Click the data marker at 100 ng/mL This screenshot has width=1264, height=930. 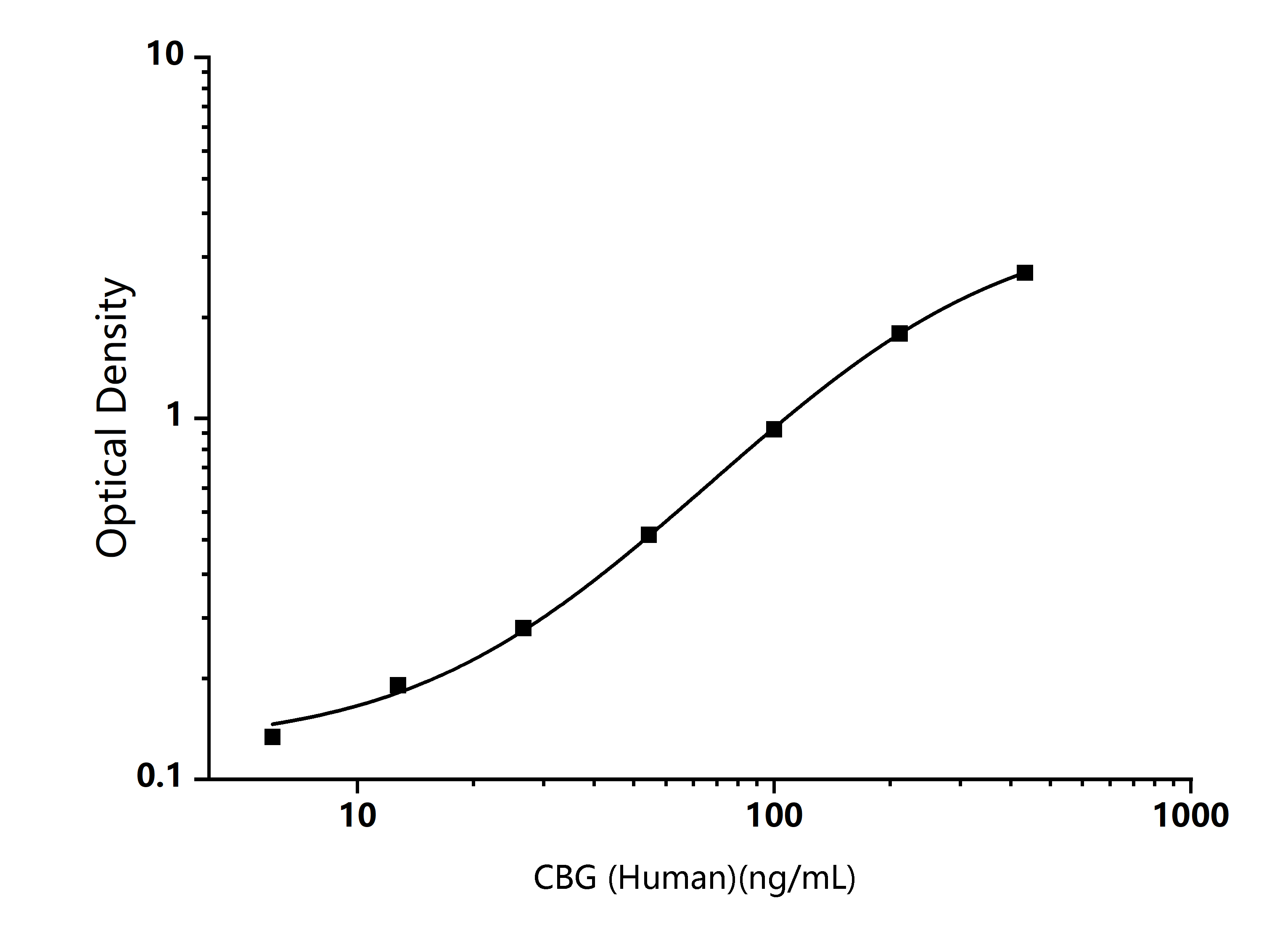[774, 429]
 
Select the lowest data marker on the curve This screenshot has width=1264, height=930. [272, 737]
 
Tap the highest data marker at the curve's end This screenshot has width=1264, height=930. [1025, 273]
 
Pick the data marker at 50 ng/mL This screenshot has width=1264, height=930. [649, 535]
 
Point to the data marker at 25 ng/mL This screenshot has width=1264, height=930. [523, 628]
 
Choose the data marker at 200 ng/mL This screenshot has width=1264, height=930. [899, 334]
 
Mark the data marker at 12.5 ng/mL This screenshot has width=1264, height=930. [398, 685]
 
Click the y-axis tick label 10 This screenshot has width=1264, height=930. [166, 55]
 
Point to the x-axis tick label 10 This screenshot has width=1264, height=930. [358, 816]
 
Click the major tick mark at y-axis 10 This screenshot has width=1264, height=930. [202, 56]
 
